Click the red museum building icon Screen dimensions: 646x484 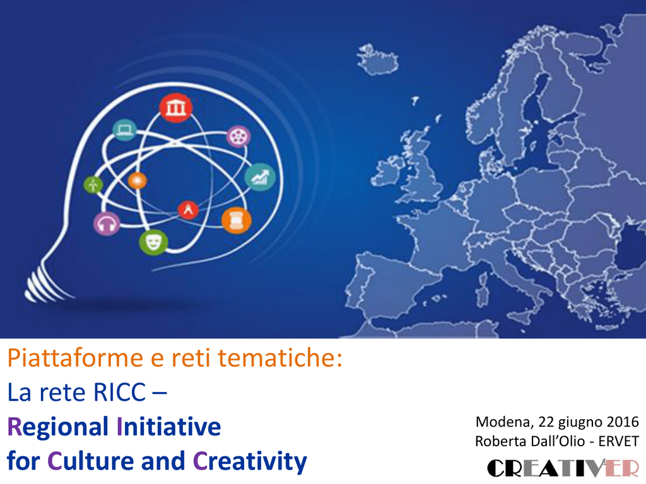(176, 108)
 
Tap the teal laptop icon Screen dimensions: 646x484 (124, 130)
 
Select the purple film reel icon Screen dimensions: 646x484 (238, 136)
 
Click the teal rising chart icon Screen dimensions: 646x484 (260, 177)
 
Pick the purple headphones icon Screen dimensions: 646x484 (107, 224)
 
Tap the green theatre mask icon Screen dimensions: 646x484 (154, 243)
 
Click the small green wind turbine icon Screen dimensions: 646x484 (93, 185)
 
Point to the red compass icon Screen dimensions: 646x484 (188, 209)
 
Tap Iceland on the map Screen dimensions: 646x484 (377, 60)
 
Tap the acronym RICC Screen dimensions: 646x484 (119, 392)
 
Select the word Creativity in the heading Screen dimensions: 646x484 (250, 462)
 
